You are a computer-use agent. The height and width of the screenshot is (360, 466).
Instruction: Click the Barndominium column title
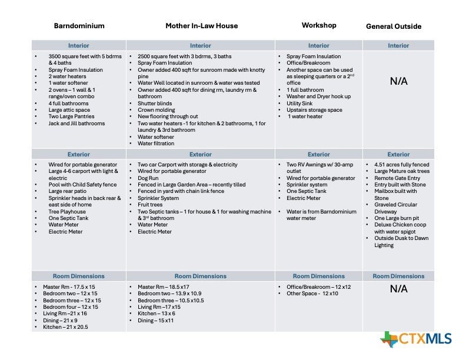point(79,26)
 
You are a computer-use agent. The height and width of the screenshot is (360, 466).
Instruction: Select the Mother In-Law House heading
point(201,26)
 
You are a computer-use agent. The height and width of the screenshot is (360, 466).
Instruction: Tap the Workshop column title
point(319,25)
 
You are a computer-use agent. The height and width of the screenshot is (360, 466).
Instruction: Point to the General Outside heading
point(394,26)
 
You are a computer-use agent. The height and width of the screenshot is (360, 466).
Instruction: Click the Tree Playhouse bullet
point(68,211)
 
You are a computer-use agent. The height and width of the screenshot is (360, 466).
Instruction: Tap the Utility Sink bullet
point(302,103)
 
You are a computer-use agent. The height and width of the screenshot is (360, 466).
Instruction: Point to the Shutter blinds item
point(155,103)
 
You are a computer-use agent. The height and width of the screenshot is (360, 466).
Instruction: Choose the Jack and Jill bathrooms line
point(76,124)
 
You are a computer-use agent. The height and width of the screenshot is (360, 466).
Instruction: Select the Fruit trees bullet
point(151,204)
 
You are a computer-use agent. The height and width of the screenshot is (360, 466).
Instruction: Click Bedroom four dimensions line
point(70,307)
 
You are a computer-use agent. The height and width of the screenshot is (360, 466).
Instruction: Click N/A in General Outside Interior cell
point(398,82)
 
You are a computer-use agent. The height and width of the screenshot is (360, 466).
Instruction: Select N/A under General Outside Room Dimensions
point(398,289)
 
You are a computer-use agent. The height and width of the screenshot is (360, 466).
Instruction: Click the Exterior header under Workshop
point(319,155)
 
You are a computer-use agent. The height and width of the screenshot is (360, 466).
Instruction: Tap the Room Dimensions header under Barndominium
point(79,276)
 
